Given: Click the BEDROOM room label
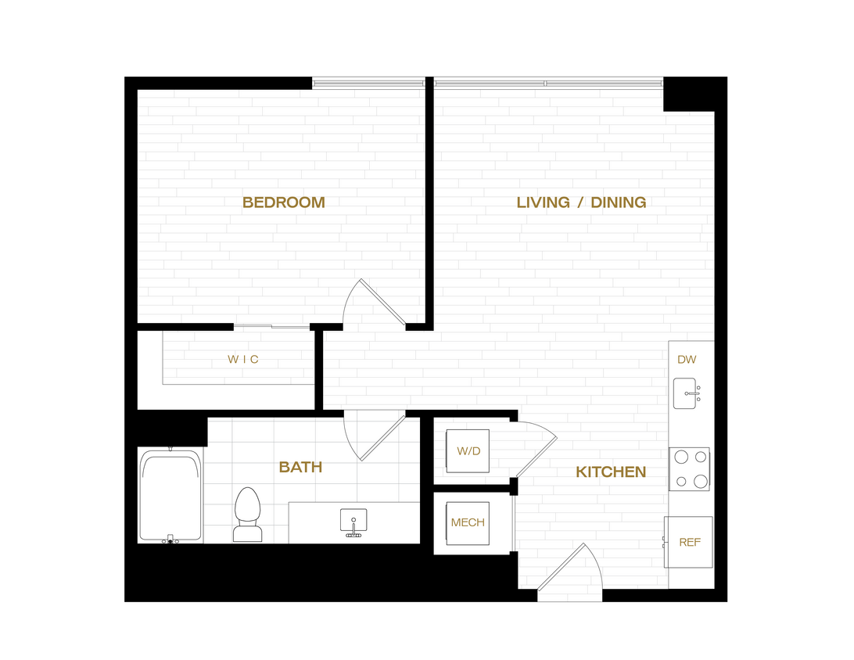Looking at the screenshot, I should click(x=283, y=203).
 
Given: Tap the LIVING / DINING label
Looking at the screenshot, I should click(x=581, y=203).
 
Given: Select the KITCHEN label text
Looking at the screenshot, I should click(x=611, y=472).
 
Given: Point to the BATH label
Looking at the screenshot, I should click(x=300, y=468).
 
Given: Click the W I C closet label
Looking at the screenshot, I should click(x=243, y=360).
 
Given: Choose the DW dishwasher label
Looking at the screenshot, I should click(x=687, y=360).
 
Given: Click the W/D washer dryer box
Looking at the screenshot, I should click(x=468, y=451).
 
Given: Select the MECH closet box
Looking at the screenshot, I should click(x=468, y=523).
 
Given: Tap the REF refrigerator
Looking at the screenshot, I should click(x=688, y=542).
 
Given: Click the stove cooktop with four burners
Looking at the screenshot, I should click(x=689, y=469).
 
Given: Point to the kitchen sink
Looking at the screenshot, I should click(x=687, y=393).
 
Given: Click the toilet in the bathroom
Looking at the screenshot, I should click(x=248, y=515).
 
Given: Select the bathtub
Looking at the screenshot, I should click(x=170, y=497).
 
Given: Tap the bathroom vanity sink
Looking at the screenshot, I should click(x=354, y=522).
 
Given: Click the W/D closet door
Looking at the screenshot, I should click(x=534, y=450).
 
